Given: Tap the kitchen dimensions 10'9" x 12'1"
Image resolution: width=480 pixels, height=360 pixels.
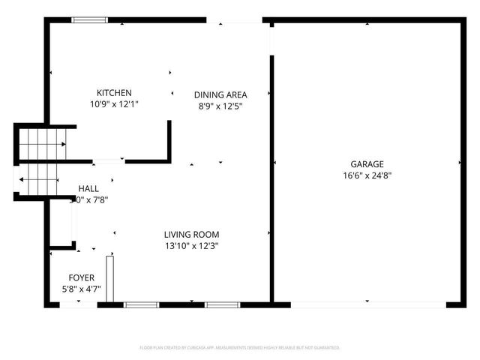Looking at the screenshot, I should click(114, 104).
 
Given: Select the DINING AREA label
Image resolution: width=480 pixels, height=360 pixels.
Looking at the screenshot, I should click(220, 94).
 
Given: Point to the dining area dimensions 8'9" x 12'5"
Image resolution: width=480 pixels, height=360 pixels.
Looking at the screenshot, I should click(220, 106).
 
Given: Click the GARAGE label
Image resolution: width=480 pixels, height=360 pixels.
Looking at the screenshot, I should click(367, 164).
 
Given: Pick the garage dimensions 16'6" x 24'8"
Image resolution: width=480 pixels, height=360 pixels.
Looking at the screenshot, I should click(367, 176).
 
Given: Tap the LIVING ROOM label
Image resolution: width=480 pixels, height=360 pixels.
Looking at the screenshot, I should click(192, 234).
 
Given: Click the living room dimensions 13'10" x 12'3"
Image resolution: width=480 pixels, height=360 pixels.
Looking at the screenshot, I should click(192, 246).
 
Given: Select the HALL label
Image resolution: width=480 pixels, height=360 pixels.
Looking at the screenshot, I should click(88, 188).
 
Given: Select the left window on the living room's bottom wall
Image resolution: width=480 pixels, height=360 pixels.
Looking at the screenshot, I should click(141, 304).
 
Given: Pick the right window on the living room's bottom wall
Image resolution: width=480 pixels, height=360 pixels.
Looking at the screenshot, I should click(222, 304).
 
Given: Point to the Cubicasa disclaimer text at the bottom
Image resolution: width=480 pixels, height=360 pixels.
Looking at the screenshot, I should click(240, 348).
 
